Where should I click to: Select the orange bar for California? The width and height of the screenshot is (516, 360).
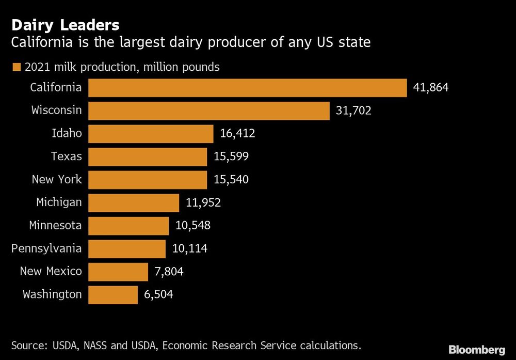click(x=248, y=88)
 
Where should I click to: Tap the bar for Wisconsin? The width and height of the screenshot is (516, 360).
click(x=209, y=111)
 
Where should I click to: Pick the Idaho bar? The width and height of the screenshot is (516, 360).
click(x=151, y=134)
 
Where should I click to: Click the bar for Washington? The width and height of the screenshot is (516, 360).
click(x=113, y=295)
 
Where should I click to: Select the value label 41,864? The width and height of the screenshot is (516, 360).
click(x=431, y=88)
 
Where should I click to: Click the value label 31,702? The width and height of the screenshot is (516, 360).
click(x=353, y=111)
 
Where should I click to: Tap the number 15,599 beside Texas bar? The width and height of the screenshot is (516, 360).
click(x=231, y=156)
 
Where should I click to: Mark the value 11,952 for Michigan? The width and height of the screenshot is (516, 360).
click(x=203, y=203)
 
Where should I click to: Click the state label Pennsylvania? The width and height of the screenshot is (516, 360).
click(x=46, y=248)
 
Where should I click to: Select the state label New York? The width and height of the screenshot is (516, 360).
click(x=57, y=180)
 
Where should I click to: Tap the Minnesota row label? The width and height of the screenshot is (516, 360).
click(x=55, y=226)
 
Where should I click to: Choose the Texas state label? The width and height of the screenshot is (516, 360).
click(x=67, y=156)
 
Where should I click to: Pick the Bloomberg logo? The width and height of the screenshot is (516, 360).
click(x=477, y=350)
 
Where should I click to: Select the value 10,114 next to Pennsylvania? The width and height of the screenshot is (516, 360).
click(x=190, y=249)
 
